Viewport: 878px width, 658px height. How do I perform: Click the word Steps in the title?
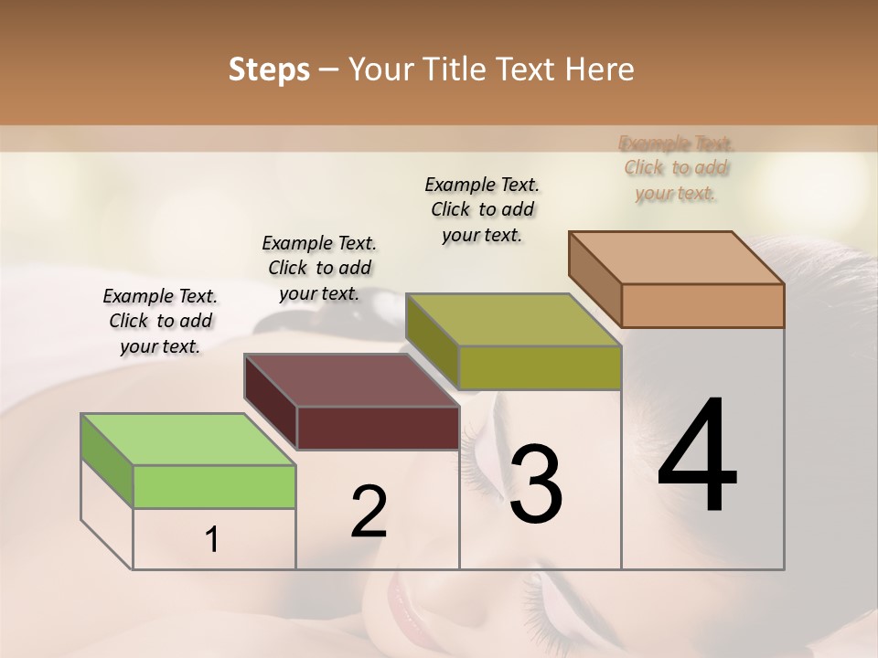(x=269, y=69)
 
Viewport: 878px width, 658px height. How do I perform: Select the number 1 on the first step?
(x=212, y=540)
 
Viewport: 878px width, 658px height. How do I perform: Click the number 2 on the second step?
(x=369, y=511)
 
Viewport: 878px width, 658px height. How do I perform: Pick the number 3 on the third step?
(x=536, y=484)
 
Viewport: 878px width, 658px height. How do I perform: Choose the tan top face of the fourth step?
(x=677, y=258)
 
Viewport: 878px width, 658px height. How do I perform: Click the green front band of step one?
(x=214, y=486)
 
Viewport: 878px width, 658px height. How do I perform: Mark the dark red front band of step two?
(x=378, y=428)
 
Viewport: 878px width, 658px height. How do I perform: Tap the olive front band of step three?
(x=540, y=367)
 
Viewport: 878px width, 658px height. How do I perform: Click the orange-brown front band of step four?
(x=702, y=305)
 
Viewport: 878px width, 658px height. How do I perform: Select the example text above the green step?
(x=160, y=321)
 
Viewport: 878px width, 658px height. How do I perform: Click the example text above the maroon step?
(x=319, y=268)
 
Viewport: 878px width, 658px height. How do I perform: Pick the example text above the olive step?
(x=482, y=209)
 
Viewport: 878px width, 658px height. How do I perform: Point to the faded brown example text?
(x=676, y=168)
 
